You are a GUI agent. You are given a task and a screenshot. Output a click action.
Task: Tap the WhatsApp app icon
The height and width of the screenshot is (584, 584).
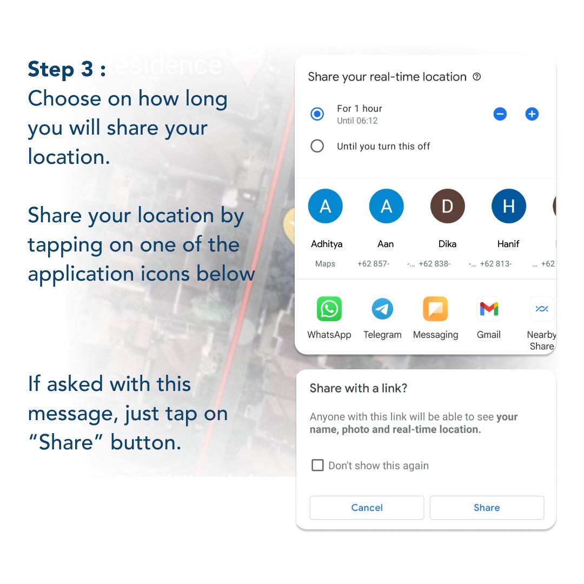(329, 309)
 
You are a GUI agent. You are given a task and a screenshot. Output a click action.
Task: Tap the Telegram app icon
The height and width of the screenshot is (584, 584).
(382, 309)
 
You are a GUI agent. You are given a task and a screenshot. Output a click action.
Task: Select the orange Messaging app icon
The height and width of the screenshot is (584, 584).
(435, 309)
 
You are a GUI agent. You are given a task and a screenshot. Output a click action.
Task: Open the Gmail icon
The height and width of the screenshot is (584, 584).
(488, 309)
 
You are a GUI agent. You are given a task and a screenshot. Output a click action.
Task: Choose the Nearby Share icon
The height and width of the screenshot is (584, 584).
(541, 309)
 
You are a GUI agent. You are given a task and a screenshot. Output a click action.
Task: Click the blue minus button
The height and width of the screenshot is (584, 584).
(500, 114)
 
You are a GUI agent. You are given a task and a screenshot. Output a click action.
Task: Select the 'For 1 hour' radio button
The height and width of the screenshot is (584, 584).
(317, 114)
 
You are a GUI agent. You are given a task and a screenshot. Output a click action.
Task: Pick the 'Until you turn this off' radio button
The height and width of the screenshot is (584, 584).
(317, 146)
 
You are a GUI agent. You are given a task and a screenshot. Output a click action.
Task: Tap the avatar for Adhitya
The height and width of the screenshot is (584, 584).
(326, 207)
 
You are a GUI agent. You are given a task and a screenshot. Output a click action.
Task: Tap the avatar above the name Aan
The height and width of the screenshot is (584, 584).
(386, 207)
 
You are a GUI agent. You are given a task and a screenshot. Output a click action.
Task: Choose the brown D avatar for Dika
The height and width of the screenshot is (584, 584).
(447, 207)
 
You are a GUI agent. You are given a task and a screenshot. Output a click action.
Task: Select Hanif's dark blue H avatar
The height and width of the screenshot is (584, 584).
(508, 207)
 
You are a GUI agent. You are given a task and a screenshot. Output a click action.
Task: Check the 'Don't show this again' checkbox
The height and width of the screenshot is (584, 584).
(318, 466)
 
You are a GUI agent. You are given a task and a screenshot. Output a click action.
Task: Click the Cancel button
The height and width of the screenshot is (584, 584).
(367, 508)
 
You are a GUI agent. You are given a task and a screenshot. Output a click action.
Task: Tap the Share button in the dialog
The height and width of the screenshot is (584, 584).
(487, 508)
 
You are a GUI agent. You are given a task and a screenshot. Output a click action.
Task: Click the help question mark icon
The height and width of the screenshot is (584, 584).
(476, 77)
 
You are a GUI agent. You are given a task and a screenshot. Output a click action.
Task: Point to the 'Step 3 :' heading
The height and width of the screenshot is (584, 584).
(67, 70)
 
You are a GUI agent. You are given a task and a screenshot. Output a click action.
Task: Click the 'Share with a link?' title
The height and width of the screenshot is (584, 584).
(358, 388)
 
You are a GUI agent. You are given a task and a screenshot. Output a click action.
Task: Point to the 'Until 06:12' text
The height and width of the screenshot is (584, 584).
(357, 121)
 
